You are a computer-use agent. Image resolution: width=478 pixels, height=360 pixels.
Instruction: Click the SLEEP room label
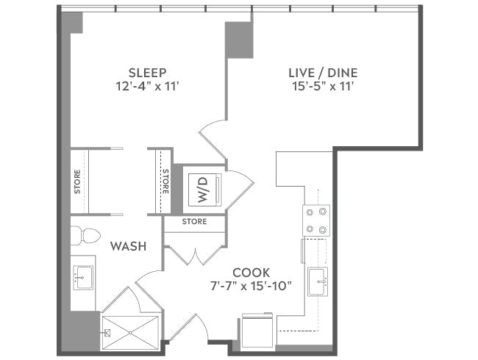pos(147,72)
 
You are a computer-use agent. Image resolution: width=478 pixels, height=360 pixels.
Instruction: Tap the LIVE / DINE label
pos(322,72)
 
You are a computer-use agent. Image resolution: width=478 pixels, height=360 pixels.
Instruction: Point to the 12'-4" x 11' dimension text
pos(147,86)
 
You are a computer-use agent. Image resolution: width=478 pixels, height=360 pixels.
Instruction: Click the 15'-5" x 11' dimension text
pos(322,86)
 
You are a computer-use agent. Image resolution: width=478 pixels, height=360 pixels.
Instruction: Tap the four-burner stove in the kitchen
pos(317,220)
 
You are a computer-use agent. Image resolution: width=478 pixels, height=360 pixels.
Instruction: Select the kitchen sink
pos(319,280)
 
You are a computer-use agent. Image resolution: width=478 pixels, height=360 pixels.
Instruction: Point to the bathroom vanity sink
pos(83,277)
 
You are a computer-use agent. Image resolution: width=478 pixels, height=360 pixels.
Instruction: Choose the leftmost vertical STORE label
pos(77,182)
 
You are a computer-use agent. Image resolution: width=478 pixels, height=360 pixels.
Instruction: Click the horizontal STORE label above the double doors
pos(194,221)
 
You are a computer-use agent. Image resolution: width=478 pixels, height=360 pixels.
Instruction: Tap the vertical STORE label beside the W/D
pos(165,182)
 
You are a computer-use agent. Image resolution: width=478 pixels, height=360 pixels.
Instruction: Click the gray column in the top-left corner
pos(71,23)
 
